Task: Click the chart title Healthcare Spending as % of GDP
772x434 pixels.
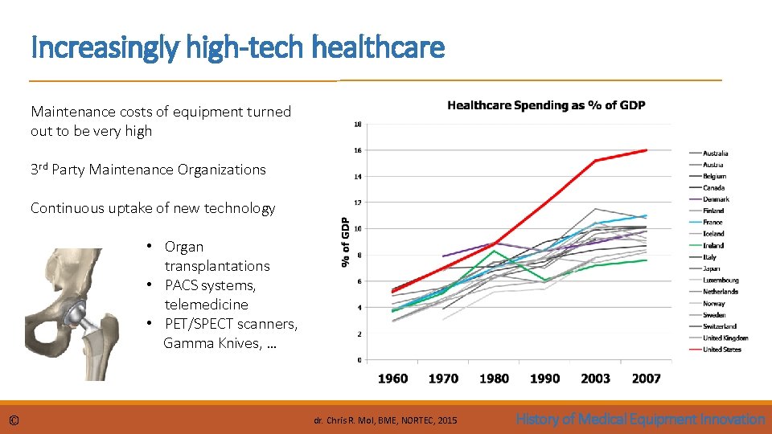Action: pyautogui.click(x=546, y=105)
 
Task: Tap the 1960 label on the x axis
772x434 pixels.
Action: pyautogui.click(x=392, y=378)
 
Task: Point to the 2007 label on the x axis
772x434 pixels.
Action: pyautogui.click(x=646, y=378)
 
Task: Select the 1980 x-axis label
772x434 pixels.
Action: pyautogui.click(x=494, y=378)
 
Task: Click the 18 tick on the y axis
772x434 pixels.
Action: pyautogui.click(x=357, y=124)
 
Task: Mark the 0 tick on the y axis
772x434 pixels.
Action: pyautogui.click(x=358, y=359)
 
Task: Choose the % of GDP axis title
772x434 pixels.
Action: pyautogui.click(x=344, y=242)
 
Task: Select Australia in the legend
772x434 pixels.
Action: pyautogui.click(x=716, y=153)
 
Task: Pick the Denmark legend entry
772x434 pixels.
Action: pyautogui.click(x=716, y=199)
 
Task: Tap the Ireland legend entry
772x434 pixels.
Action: pyautogui.click(x=713, y=245)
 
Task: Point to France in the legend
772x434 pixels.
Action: pyautogui.click(x=712, y=222)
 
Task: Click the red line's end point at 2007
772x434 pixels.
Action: pyautogui.click(x=647, y=150)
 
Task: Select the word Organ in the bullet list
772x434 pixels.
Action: pyautogui.click(x=184, y=247)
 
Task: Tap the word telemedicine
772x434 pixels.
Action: pyautogui.click(x=206, y=305)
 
